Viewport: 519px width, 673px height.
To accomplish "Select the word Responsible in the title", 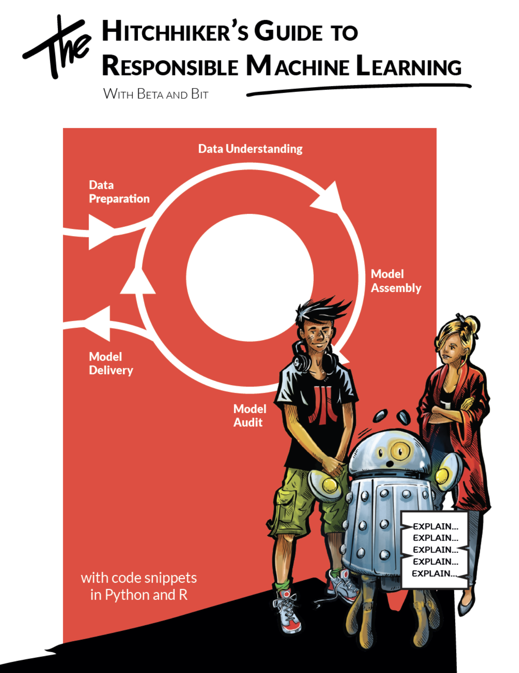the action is (x=170, y=65).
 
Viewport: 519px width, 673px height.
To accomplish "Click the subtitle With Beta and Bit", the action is (x=156, y=94).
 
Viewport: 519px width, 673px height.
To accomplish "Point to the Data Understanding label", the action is (x=250, y=149).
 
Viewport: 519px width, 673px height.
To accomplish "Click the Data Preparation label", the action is (x=119, y=192).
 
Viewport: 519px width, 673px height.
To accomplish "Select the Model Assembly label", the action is (x=396, y=281).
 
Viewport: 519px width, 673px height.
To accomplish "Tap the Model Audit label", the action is (x=249, y=416).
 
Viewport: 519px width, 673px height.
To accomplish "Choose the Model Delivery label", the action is (x=111, y=363).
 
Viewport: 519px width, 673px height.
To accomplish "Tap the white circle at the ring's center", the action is (x=250, y=277).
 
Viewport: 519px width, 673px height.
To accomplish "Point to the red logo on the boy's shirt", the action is (x=320, y=403).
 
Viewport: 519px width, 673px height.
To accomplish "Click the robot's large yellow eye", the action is (x=399, y=451).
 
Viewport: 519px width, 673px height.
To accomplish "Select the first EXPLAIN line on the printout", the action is (x=435, y=526).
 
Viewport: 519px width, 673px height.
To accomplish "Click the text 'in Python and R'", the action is (x=139, y=595).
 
